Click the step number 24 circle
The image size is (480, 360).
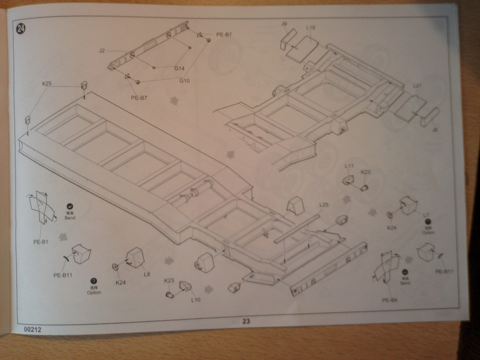(x=21, y=29)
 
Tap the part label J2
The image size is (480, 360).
(x=102, y=51)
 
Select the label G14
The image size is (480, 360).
(x=180, y=68)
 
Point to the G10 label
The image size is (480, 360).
(x=185, y=80)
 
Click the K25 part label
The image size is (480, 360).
(x=47, y=84)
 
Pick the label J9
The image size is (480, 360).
(x=284, y=23)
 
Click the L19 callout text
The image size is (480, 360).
(x=311, y=27)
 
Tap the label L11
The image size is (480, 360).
(x=349, y=166)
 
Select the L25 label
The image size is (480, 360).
(x=324, y=205)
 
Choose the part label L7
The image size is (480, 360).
(x=426, y=215)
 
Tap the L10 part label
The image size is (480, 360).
(x=195, y=300)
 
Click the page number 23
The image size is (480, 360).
(x=246, y=321)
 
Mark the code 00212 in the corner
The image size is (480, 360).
(x=33, y=330)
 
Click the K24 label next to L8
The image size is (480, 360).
(x=121, y=282)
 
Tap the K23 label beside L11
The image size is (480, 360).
(x=366, y=172)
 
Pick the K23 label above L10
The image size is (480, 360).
(x=169, y=280)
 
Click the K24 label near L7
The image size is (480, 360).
(x=392, y=228)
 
